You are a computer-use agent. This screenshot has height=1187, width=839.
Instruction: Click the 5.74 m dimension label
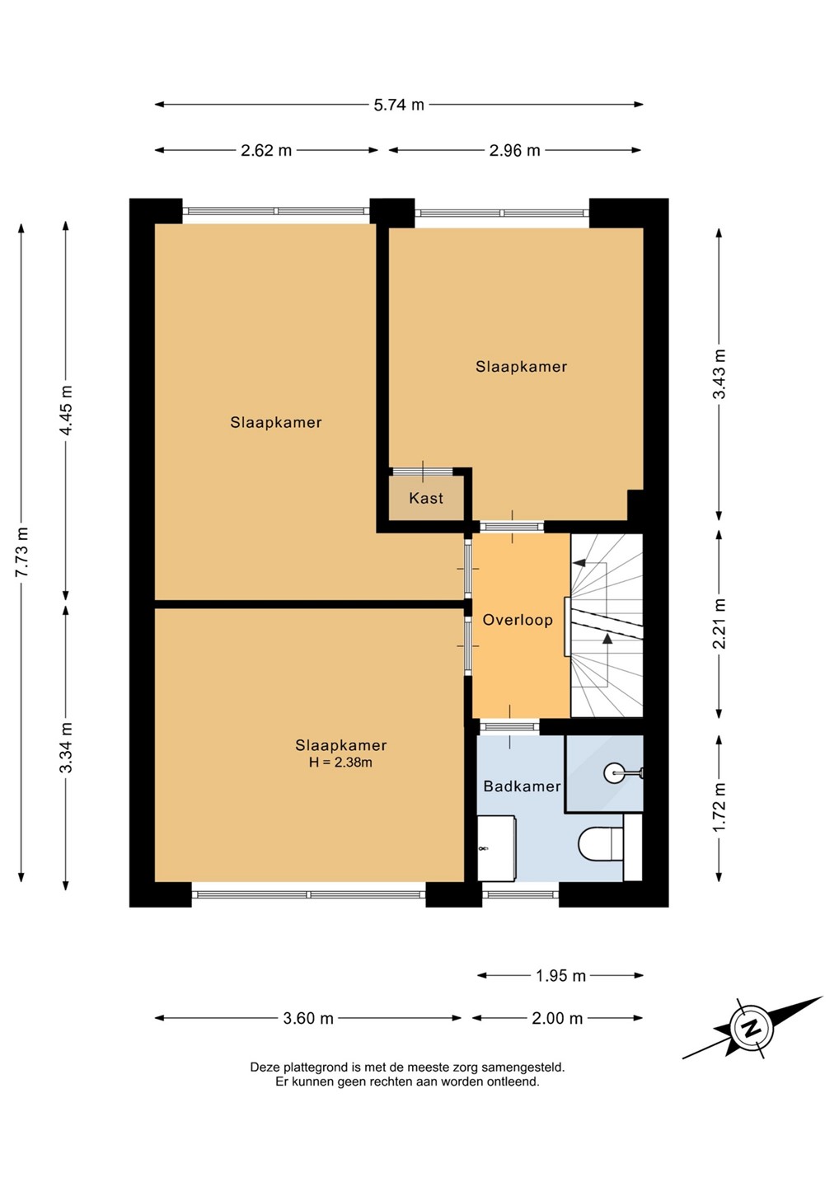tap(399, 105)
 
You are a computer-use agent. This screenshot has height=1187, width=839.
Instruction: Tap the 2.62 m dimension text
tap(266, 151)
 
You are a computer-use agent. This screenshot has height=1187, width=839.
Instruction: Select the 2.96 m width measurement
tap(514, 151)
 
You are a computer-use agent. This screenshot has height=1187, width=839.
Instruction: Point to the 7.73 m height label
tap(21, 552)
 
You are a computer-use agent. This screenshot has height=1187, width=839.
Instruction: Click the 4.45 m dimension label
tap(66, 411)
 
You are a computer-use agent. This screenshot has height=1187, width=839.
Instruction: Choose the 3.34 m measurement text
tap(66, 747)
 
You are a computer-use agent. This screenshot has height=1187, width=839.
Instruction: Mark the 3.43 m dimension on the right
tap(719, 374)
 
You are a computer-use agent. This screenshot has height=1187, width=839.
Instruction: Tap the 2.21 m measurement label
tap(719, 624)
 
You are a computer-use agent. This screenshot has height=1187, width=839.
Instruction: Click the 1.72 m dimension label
tap(719, 807)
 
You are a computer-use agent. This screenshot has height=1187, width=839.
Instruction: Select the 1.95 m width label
tap(560, 975)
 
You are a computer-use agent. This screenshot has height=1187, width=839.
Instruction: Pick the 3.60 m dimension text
tap(307, 1018)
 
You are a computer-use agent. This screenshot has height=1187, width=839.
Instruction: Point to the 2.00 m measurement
tap(557, 1018)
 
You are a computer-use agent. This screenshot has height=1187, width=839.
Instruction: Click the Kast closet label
tap(426, 498)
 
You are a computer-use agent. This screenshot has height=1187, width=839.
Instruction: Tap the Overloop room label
tap(518, 620)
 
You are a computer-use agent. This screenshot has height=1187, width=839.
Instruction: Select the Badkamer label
tap(522, 786)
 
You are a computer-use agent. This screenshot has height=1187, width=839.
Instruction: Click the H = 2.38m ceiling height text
tap(340, 762)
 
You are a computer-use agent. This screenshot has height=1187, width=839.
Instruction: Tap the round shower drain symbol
tap(613, 772)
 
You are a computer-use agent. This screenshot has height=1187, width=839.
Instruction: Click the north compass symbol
tap(751, 1029)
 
